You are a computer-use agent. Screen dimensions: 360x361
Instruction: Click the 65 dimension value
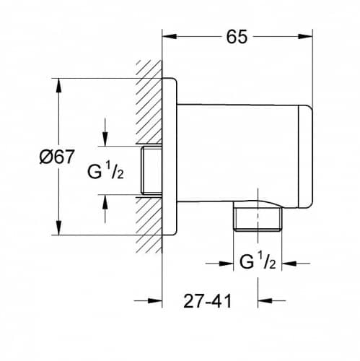[237, 37]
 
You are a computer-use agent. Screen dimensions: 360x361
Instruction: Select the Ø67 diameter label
[57, 157]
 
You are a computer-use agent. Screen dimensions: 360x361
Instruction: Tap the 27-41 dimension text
[208, 301]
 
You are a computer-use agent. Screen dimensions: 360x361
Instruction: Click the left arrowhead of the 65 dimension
[170, 36]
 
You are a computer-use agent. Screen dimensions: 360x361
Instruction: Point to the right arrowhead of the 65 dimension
[305, 36]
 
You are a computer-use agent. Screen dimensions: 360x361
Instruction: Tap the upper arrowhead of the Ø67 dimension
[58, 85]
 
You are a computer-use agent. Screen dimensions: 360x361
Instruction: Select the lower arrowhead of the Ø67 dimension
[58, 227]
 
